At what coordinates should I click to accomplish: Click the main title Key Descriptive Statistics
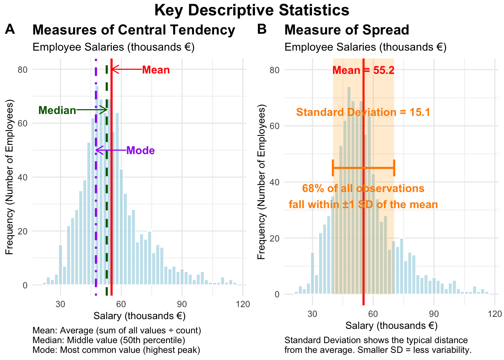(252, 10)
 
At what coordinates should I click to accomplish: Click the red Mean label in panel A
(156, 70)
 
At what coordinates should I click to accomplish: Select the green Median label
(57, 110)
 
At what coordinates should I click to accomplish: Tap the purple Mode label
(141, 150)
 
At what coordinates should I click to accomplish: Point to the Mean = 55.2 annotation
(363, 70)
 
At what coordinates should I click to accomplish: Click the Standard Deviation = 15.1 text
(363, 112)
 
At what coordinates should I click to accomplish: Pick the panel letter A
(10, 29)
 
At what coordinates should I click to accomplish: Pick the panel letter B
(262, 29)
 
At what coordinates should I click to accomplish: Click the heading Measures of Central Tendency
(134, 30)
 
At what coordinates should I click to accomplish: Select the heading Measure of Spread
(346, 30)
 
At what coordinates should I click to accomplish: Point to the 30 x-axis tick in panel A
(60, 304)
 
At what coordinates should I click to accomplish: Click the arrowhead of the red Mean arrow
(113, 69)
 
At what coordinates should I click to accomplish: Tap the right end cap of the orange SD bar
(394, 168)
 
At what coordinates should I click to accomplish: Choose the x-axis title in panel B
(391, 325)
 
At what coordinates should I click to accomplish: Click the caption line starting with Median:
(109, 340)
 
